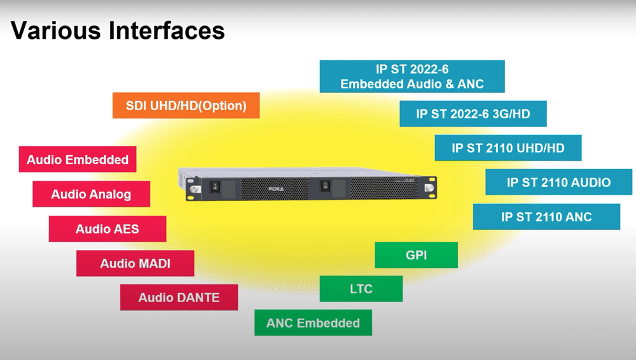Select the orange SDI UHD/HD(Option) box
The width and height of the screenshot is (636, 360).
[x=186, y=106]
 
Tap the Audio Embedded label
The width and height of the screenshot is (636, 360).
[x=78, y=160]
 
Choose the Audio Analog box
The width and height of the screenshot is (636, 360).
[x=91, y=194]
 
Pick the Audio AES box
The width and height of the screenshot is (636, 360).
[x=107, y=229]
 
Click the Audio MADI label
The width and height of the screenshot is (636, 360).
[x=135, y=263]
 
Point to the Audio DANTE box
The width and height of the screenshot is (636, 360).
[x=179, y=297]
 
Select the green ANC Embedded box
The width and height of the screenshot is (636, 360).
[x=313, y=322]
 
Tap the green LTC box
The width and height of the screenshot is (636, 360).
[x=361, y=289]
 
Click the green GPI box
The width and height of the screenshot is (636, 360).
[x=416, y=255]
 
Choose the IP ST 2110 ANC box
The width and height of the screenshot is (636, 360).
[x=546, y=217]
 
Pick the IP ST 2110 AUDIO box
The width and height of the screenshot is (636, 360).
[x=558, y=183]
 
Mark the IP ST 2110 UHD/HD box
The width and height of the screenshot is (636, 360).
[x=508, y=148]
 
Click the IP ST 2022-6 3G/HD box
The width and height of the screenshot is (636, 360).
[x=473, y=114]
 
